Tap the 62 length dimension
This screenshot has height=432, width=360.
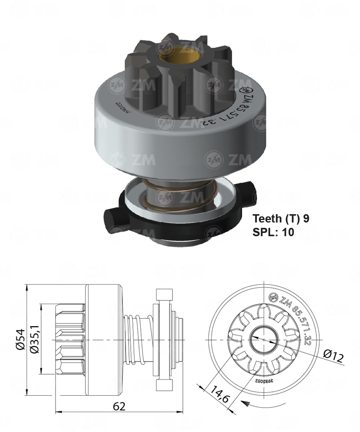tap(119, 407)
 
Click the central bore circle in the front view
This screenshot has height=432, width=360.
tap(264, 339)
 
